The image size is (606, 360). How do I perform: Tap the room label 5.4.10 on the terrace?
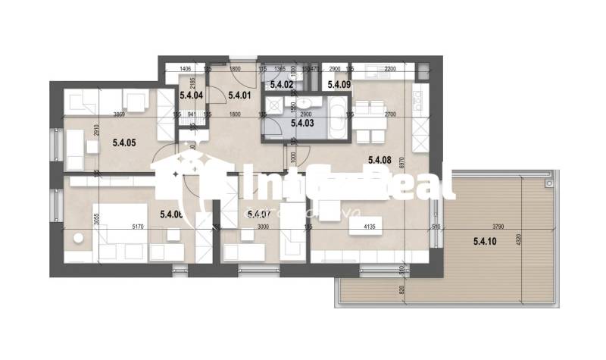(483, 242)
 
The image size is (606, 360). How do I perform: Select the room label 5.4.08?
(379, 159)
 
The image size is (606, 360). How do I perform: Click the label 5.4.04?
(191, 95)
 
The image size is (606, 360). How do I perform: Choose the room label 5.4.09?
(338, 86)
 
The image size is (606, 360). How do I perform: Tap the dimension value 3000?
(264, 227)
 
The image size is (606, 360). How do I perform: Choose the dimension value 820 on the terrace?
(401, 288)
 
